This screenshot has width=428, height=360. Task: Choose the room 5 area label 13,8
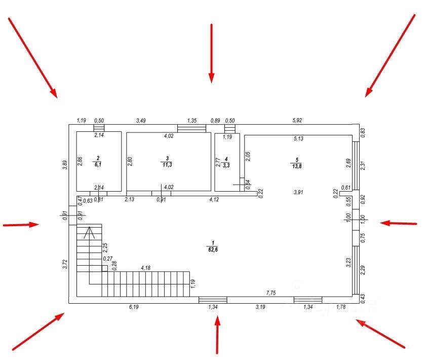coord(296,166)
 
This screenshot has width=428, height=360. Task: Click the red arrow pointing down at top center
coord(211,53)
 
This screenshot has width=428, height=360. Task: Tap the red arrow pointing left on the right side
coord(399,223)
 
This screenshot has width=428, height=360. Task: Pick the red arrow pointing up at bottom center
coord(217,334)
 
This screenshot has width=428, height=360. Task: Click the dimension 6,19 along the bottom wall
coord(134,307)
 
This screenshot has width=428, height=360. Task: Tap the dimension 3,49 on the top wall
coord(142,120)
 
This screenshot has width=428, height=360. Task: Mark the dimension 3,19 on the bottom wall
coord(260,307)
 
